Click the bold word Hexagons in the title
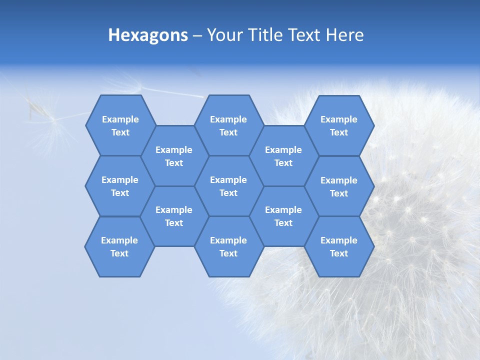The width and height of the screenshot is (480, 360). click(x=148, y=35)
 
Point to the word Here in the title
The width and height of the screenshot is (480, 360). click(x=345, y=35)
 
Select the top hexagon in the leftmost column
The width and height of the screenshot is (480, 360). click(x=120, y=125)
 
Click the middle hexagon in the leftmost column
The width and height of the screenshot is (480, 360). click(x=120, y=186)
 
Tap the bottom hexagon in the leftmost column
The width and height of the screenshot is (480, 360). click(x=119, y=246)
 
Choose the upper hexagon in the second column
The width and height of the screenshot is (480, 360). click(x=174, y=156)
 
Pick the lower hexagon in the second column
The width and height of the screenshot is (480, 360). click(x=174, y=216)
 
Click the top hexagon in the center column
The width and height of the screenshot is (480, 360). click(x=228, y=125)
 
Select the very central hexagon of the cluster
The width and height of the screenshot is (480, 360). click(x=228, y=186)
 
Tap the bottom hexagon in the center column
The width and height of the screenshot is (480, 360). click(x=228, y=246)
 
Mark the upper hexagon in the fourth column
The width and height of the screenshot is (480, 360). click(x=283, y=156)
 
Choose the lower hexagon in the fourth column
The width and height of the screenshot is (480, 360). click(x=283, y=216)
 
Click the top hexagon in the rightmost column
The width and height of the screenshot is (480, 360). click(x=339, y=125)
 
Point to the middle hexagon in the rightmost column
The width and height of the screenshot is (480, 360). click(x=339, y=186)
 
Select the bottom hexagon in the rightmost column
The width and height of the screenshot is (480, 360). click(x=339, y=246)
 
